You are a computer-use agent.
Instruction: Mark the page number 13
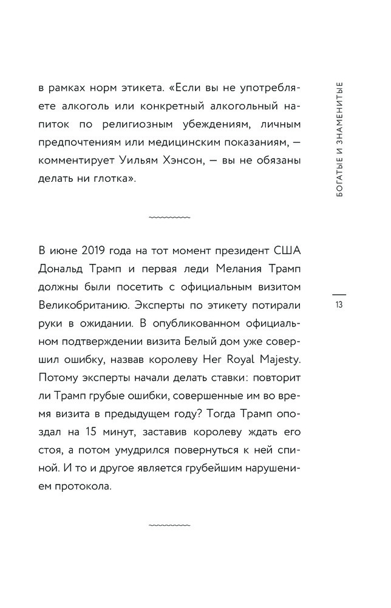pyautogui.click(x=339, y=305)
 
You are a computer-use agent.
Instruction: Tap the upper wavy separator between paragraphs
pyautogui.click(x=169, y=216)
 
